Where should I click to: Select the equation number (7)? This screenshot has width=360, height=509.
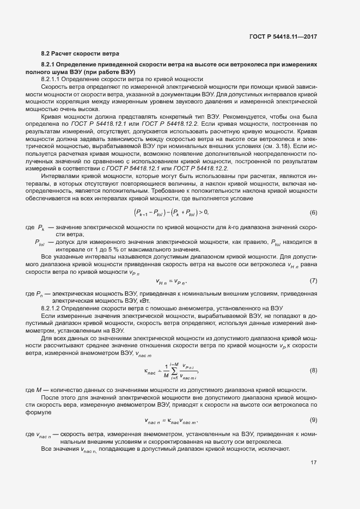point(313,280)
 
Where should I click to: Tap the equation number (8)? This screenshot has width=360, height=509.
point(313,370)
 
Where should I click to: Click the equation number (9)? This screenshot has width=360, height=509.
point(313,420)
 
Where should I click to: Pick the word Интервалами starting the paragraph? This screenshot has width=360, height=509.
point(59,177)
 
